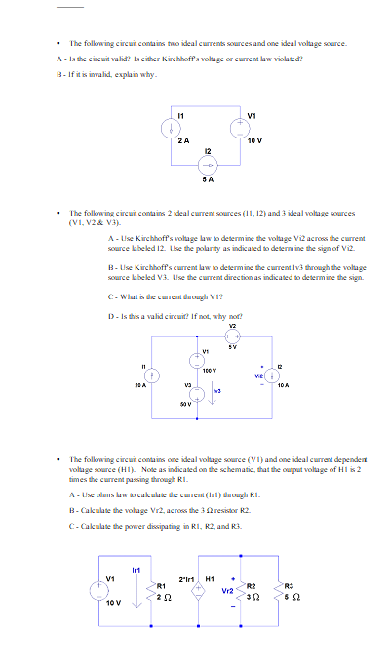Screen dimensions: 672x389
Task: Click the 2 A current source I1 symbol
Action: (170, 127)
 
